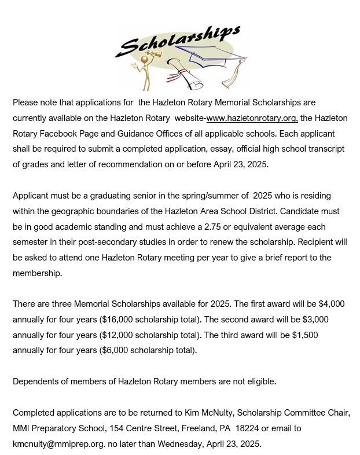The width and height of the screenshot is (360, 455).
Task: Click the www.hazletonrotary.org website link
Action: [252, 118]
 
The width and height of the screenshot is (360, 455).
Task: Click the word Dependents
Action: [36, 381]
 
